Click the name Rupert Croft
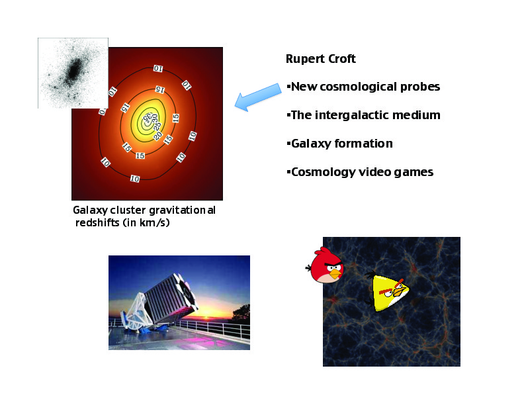[x=320, y=59]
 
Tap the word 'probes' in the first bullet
[x=419, y=87]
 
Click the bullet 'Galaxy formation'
[x=340, y=144]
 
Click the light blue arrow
[x=257, y=97]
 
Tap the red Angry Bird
[x=325, y=265]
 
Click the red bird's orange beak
[x=335, y=275]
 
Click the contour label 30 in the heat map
[x=154, y=118]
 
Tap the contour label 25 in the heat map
[x=157, y=127]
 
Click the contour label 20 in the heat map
[x=157, y=136]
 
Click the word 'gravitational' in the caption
[x=182, y=210]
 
